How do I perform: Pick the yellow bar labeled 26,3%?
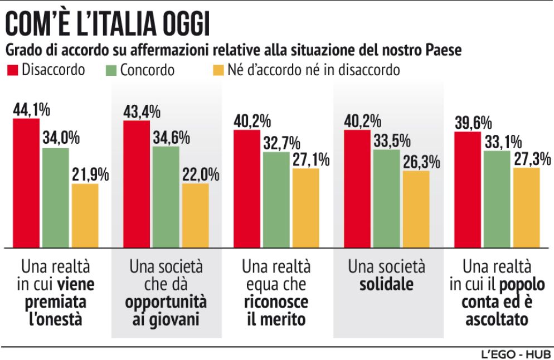416,209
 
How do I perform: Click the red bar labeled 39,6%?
468,189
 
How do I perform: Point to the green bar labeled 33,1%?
497,198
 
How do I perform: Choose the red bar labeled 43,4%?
137,184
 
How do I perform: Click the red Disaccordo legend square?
11,71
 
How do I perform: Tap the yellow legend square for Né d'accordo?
219,71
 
